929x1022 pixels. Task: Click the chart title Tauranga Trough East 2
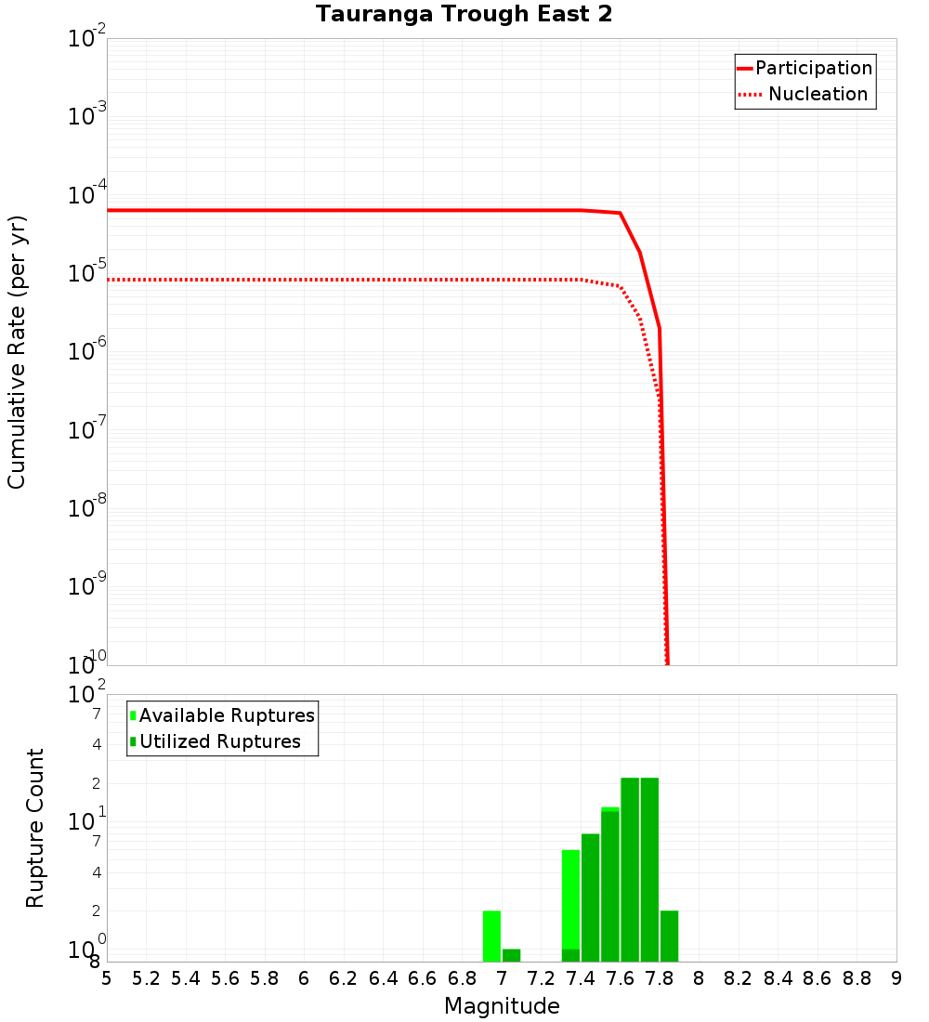point(464,15)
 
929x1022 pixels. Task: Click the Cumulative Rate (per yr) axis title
point(17,352)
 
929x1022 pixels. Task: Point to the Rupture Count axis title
point(35,828)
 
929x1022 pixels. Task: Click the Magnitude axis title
point(502,1006)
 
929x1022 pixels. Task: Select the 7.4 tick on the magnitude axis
point(581,978)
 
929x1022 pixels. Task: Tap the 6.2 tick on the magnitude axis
point(344,978)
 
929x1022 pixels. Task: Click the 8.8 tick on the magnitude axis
point(857,978)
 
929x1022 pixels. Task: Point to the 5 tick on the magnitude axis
point(107,978)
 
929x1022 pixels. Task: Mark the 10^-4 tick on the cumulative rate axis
point(87,195)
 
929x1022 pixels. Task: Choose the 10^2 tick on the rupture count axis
point(87,695)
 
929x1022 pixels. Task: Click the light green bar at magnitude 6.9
point(491,936)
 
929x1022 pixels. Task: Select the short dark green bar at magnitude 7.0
point(511,955)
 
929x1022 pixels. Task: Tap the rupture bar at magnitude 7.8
point(669,936)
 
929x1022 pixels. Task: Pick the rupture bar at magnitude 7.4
point(590,898)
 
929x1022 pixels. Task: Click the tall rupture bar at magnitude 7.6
point(630,870)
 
